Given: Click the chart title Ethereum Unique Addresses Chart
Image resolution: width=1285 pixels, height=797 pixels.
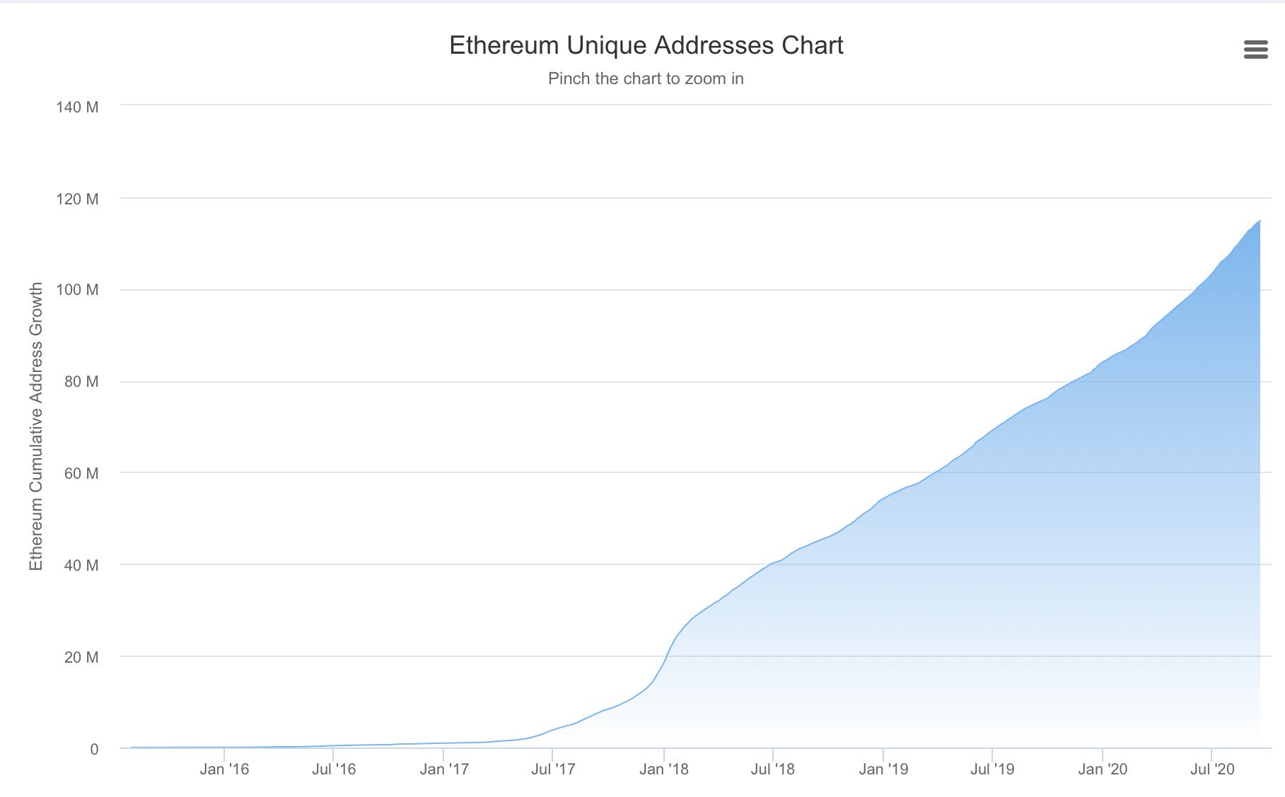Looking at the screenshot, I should (x=646, y=45).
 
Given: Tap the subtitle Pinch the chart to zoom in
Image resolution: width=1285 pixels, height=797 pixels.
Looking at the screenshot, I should (x=646, y=78).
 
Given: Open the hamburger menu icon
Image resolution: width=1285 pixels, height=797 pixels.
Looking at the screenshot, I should (x=1255, y=50).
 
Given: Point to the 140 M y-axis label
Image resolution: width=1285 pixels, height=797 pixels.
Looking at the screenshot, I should (x=77, y=107).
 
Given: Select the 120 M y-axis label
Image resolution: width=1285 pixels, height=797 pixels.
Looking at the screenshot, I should (x=77, y=199).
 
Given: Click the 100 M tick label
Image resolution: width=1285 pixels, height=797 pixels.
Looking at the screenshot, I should (x=77, y=290).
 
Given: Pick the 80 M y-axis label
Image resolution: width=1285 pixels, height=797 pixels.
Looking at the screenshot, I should (x=81, y=382).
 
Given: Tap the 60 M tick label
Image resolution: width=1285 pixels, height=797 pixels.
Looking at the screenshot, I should (x=81, y=474).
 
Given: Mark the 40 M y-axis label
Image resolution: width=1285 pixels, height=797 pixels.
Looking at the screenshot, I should (x=81, y=565).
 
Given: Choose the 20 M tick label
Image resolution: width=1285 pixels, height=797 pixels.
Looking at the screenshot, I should (x=81, y=657).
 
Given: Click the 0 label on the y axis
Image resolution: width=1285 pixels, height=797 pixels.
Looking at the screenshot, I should (x=94, y=750).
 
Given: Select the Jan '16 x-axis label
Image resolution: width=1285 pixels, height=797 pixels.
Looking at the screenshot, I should (x=224, y=769).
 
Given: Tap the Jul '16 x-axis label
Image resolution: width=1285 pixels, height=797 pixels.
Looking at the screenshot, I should (x=334, y=769).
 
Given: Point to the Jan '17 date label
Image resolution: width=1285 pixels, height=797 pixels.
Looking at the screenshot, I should (x=444, y=769).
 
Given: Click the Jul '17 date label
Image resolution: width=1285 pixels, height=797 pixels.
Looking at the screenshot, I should (x=553, y=769).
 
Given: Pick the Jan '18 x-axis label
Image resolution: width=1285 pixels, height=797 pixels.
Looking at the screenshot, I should (x=663, y=769).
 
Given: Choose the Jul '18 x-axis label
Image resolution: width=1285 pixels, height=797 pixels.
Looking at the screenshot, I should (x=772, y=769).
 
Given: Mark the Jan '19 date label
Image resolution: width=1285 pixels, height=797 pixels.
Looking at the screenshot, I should (x=883, y=769).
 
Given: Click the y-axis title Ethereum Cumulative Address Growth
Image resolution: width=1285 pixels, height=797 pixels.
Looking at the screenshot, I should (x=36, y=426).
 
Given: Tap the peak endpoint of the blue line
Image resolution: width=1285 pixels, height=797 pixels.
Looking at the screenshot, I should (x=1260, y=221).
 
